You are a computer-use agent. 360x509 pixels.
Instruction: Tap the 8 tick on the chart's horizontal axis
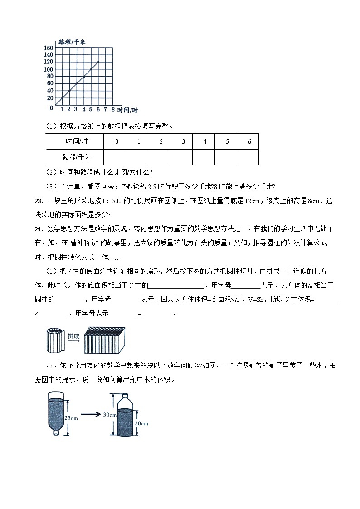(x=112, y=110)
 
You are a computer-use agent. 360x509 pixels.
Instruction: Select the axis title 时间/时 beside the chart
(x=127, y=110)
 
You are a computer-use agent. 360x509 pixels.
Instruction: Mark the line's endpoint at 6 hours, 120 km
(x=98, y=62)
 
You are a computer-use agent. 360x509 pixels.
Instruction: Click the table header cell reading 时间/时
(x=75, y=141)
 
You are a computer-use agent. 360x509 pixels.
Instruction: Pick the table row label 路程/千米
(x=75, y=157)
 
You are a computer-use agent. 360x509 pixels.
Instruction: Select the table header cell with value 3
(x=183, y=141)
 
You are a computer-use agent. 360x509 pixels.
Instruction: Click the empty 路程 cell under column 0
(x=116, y=157)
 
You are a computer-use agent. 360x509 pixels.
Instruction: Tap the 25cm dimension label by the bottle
(x=72, y=418)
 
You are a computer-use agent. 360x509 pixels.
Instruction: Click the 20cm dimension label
(x=141, y=423)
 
